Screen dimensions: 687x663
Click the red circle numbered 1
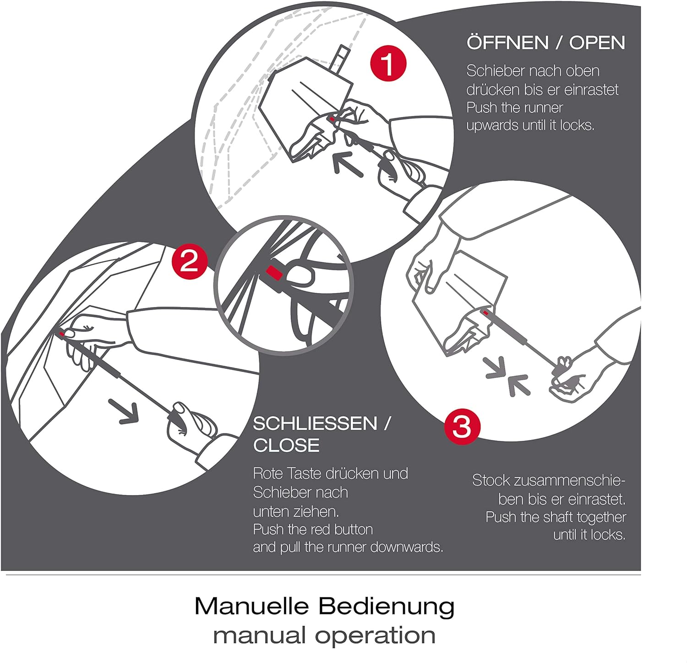tap(388, 64)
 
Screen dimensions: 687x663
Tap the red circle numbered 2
tap(190, 262)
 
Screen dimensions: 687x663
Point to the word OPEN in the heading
tap(597, 43)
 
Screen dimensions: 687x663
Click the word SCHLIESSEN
tap(315, 424)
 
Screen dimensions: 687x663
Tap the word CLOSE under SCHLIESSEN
tap(286, 445)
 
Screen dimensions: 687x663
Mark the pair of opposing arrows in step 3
tap(507, 376)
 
